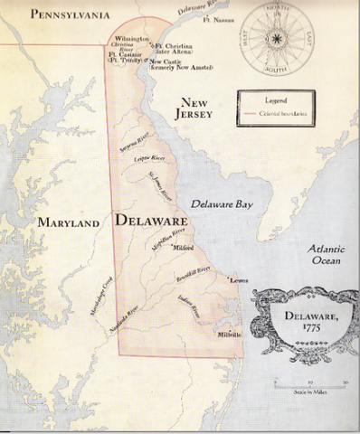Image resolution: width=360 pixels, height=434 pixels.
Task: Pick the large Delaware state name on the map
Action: pyautogui.click(x=151, y=220)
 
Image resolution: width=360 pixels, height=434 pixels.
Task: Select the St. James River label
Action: pyautogui.click(x=159, y=183)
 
